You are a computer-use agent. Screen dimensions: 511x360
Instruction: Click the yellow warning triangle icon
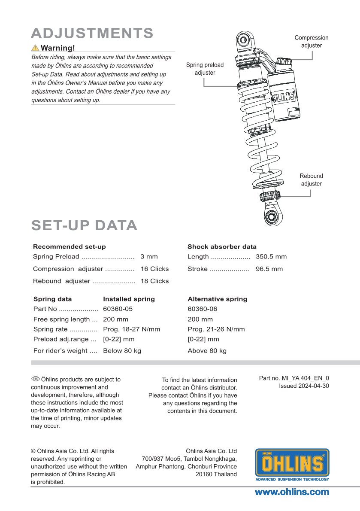pos(35,48)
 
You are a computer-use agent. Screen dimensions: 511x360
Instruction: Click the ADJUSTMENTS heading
pos(92,33)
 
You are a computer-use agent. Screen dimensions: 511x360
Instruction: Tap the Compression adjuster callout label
pos(311,41)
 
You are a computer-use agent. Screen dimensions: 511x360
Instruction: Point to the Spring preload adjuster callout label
pos(205,69)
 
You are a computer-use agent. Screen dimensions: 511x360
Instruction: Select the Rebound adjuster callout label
pos(311,179)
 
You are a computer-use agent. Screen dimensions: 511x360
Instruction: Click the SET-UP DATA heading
pos(84,225)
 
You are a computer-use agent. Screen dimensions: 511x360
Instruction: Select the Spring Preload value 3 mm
pos(149,257)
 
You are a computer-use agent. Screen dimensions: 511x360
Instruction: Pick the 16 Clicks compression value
pos(154,269)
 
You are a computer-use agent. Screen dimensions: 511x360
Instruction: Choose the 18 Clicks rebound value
pos(154,281)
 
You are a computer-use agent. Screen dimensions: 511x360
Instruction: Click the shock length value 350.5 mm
pos(271,257)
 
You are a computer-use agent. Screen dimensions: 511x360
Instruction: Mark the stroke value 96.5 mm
pos(269,269)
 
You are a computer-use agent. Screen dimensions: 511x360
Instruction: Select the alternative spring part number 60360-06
pos(203,309)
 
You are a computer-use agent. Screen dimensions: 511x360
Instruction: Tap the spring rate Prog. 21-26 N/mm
pos(216,329)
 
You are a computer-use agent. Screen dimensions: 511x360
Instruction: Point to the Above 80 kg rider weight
pos(207,350)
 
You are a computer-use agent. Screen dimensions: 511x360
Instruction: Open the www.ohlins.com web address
pos(292,492)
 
